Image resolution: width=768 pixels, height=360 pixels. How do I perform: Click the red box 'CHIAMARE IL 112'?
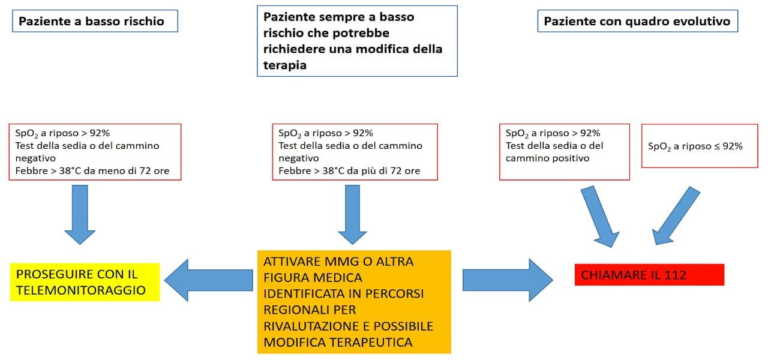coord(649,275)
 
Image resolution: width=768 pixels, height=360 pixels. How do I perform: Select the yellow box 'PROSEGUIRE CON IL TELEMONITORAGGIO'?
coord(85,282)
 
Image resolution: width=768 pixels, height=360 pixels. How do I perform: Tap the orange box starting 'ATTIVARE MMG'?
coord(354,302)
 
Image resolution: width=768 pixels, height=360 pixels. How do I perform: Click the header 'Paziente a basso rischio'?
coord(95,21)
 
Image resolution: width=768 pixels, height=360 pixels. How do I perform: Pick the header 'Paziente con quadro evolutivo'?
coord(638,21)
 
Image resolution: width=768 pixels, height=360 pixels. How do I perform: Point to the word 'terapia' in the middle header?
coord(285,65)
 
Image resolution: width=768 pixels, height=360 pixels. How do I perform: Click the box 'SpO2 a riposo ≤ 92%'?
coord(700,146)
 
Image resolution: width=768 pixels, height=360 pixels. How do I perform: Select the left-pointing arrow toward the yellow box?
coord(208,280)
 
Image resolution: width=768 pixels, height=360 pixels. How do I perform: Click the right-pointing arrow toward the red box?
coord(508,280)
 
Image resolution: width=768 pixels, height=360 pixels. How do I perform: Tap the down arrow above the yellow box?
coord(80,215)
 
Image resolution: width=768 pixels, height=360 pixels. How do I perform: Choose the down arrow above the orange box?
coord(352,215)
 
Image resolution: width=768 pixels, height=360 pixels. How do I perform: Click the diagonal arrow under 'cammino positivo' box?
coord(600,217)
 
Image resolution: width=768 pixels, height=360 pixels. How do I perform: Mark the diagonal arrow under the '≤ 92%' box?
coord(676,216)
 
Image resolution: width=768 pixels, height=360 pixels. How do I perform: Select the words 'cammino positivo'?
coord(548,158)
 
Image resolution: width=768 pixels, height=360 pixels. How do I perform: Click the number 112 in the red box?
coord(675,275)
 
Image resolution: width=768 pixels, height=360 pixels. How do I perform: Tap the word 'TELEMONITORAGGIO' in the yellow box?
coord(81,290)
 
